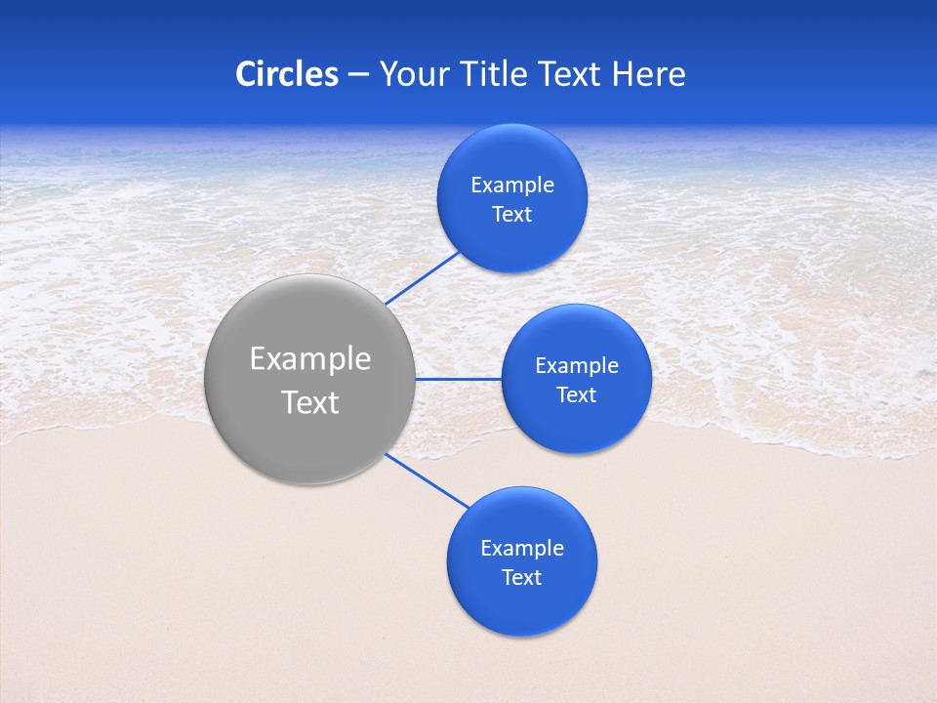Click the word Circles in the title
tap(286, 74)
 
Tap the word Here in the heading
tap(649, 74)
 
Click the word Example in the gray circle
tap(310, 359)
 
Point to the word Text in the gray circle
tap(310, 402)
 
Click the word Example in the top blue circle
tap(511, 186)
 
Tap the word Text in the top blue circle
tap(511, 215)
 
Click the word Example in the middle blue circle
tap(576, 366)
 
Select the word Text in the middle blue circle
tap(576, 395)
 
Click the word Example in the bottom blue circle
tap(521, 549)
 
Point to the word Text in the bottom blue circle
tap(521, 578)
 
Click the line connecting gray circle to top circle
tap(423, 277)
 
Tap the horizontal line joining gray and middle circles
tap(459, 379)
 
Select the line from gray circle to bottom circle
tap(428, 480)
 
